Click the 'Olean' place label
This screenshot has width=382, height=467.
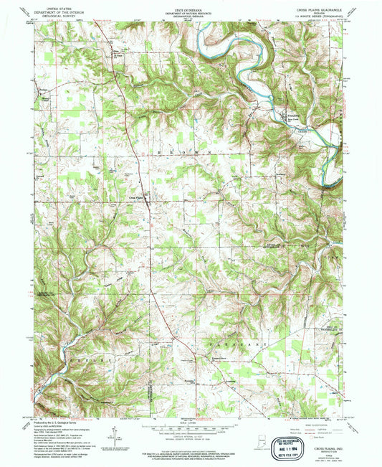(x=115, y=52)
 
